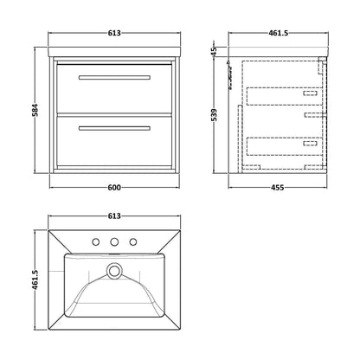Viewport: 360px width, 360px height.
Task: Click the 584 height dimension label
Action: click(x=35, y=110)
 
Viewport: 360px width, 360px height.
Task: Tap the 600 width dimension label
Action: click(x=114, y=188)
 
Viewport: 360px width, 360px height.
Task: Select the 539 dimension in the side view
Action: click(x=215, y=115)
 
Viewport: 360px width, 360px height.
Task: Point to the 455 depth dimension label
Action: click(x=278, y=188)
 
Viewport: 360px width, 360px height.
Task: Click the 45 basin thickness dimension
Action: click(x=214, y=51)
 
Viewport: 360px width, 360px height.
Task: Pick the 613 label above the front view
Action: click(x=114, y=33)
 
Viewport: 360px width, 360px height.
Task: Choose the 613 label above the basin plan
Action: click(x=114, y=215)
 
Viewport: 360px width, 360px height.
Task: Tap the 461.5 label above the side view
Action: click(x=279, y=33)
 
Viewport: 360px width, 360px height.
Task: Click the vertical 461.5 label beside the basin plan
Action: click(x=35, y=280)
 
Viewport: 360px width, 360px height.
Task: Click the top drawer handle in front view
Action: click(x=114, y=77)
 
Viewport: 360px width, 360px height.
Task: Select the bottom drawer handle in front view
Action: click(x=114, y=128)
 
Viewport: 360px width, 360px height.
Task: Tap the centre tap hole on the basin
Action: click(x=114, y=241)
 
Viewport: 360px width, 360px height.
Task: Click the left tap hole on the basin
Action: click(x=96, y=241)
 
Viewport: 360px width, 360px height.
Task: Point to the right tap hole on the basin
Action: click(x=133, y=241)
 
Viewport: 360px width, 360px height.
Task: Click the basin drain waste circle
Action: click(x=114, y=271)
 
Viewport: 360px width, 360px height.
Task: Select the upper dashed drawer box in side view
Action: click(x=285, y=96)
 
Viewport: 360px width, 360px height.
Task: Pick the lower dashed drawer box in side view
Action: click(x=285, y=146)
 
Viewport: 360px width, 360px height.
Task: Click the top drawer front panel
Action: click(x=114, y=88)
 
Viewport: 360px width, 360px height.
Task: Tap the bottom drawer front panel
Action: click(x=114, y=141)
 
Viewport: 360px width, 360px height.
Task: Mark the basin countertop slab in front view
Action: click(x=114, y=51)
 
